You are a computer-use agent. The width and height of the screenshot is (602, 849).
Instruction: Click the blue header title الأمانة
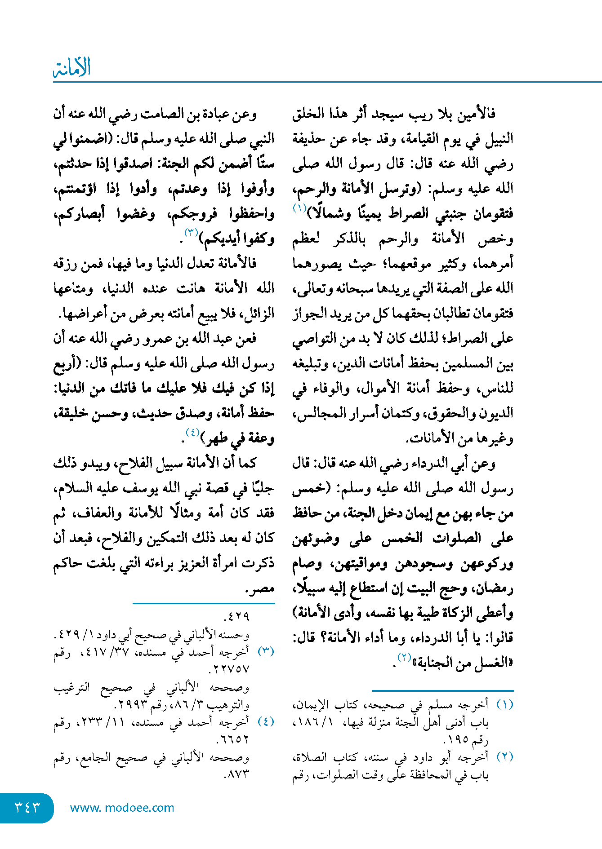pos(72,68)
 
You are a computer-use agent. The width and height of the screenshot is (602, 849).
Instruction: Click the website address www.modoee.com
pos(122,808)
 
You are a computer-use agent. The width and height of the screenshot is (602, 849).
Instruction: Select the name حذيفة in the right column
pos(308,138)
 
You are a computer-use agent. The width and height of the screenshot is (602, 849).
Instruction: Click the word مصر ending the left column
pos(260,588)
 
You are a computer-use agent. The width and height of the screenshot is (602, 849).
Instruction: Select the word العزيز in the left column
pos(189,563)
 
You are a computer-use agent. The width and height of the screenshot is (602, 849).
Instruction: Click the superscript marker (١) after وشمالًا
pos(299,208)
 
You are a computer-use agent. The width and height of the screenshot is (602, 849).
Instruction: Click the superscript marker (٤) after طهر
pos(192,433)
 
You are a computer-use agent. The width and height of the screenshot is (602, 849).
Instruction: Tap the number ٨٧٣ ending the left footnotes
pos(236,774)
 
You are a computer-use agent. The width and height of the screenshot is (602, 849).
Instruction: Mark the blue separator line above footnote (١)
pos(442,690)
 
